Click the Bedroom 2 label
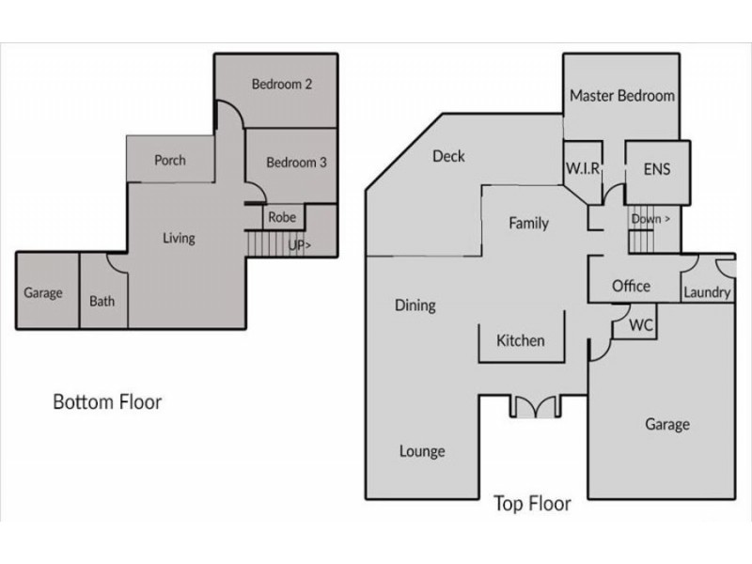281,85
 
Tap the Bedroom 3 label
296,163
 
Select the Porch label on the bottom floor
170,160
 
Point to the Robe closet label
282,217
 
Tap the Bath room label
102,302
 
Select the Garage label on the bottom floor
43,293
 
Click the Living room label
179,238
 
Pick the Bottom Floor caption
107,402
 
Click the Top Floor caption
532,504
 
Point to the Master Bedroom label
621,96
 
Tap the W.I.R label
583,169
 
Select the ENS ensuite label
657,170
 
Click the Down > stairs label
650,219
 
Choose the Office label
631,286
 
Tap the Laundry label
707,292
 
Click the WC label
641,326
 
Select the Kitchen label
520,340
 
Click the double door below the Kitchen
535,407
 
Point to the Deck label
448,156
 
